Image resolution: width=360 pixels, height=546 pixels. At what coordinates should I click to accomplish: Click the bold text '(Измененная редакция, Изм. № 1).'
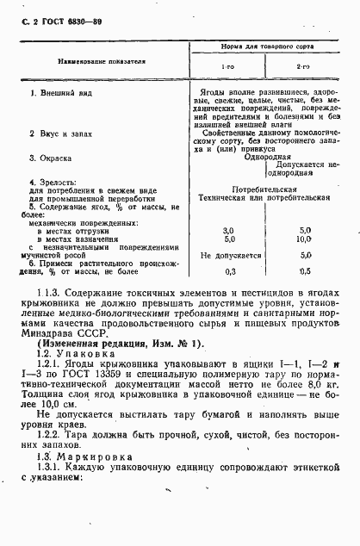click(x=115, y=343)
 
